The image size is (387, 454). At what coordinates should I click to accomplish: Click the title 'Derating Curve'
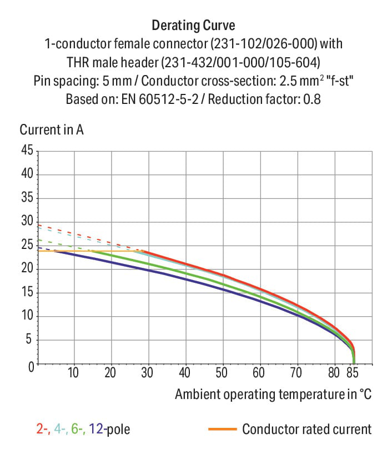click(193, 25)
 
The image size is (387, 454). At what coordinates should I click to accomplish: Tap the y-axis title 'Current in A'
click(52, 129)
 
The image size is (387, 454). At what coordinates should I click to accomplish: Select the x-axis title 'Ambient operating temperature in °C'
click(273, 395)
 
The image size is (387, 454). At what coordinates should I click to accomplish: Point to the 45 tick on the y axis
click(27, 150)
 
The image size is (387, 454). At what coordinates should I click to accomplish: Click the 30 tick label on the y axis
click(27, 221)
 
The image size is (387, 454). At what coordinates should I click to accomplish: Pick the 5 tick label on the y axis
click(29, 339)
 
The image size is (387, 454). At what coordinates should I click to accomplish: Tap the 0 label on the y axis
click(31, 367)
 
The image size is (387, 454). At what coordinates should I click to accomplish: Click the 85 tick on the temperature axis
click(353, 372)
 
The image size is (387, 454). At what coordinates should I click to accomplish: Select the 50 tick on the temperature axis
click(222, 372)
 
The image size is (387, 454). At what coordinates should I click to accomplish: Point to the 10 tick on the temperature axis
click(73, 372)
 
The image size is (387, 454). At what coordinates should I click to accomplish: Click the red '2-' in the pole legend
click(43, 429)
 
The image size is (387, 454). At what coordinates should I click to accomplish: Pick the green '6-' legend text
click(78, 429)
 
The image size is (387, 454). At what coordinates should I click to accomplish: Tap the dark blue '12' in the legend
click(96, 429)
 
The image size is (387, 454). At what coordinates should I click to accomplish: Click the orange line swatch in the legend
click(223, 429)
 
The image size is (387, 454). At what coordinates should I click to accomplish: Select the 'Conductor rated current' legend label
click(307, 429)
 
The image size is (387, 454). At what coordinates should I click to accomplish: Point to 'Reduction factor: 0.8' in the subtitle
click(264, 99)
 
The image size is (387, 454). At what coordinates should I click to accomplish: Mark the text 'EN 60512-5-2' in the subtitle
click(160, 99)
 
